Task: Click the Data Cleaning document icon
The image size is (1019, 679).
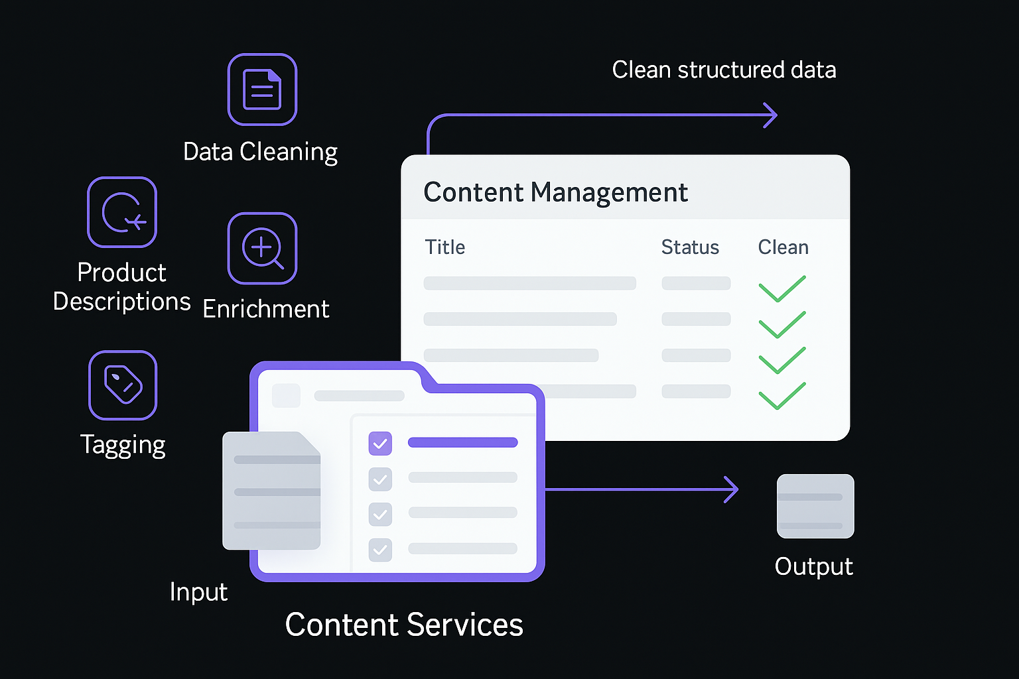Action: click(x=262, y=90)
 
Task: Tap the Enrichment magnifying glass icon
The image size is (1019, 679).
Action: click(x=262, y=248)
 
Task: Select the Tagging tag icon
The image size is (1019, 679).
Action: click(x=123, y=385)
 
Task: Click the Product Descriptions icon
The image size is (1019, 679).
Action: click(x=122, y=212)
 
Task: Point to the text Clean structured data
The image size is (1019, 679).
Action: click(x=724, y=70)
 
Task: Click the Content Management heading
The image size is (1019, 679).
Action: click(x=555, y=192)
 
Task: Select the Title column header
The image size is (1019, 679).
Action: click(x=444, y=247)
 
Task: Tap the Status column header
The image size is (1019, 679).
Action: click(x=690, y=247)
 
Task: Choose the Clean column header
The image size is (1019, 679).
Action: click(x=783, y=247)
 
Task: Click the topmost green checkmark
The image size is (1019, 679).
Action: click(x=781, y=289)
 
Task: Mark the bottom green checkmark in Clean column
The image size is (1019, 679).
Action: click(x=781, y=396)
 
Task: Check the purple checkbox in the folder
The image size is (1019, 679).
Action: click(x=380, y=444)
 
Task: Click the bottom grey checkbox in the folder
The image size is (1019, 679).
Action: click(x=380, y=549)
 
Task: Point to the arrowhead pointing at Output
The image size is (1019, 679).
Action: click(x=732, y=489)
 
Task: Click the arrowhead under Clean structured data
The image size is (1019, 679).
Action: click(x=770, y=115)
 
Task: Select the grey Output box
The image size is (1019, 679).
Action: click(x=815, y=506)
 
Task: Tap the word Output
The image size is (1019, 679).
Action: click(x=813, y=567)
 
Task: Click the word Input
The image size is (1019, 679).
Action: click(x=198, y=591)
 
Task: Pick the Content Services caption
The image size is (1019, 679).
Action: click(x=404, y=625)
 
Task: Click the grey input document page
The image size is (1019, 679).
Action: click(x=271, y=491)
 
